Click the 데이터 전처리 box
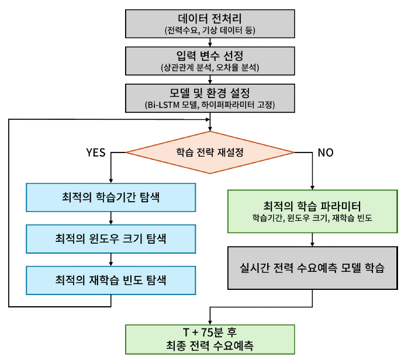click(210, 22)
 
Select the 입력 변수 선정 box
click(210, 61)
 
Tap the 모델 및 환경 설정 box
click(210, 99)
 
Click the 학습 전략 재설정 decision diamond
click(210, 152)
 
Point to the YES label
click(96, 153)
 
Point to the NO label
click(326, 153)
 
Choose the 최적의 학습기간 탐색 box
click(110, 198)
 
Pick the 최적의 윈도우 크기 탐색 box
click(110, 239)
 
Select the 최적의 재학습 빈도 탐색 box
click(110, 280)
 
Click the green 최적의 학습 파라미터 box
click(312, 212)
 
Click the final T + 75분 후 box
click(210, 338)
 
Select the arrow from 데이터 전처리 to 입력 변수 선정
click(210, 41)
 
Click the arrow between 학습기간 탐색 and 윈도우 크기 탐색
click(110, 219)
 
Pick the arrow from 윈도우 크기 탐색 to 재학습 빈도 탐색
click(110, 259)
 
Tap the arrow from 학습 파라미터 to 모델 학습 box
click(312, 239)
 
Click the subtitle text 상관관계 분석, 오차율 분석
click(210, 68)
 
